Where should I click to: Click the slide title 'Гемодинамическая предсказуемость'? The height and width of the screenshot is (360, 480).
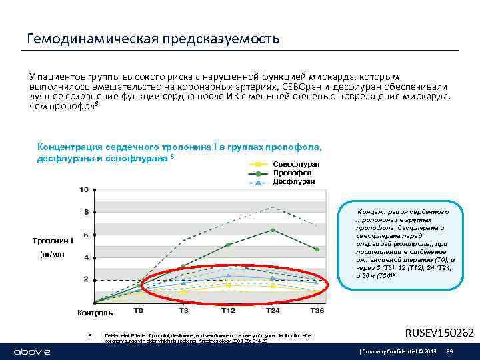pos(153,39)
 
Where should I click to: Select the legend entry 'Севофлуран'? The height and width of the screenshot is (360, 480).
pos(296,164)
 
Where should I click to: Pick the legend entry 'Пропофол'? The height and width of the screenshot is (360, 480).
pos(291,173)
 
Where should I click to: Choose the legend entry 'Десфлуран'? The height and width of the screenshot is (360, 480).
pos(293,181)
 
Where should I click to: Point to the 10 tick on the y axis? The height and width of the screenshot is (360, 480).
pos(84,190)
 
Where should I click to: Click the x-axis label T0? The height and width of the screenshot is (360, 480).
pos(139,310)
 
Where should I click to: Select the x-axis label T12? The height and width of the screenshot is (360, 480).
pos(229,310)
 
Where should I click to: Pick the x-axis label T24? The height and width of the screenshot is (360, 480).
pos(273,310)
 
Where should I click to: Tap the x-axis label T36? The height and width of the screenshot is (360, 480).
pos(317,310)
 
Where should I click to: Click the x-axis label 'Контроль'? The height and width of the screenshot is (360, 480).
pos(95,313)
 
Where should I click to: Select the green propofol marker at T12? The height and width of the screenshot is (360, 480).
pos(229,245)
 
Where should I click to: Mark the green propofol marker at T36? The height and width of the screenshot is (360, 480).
pos(317,249)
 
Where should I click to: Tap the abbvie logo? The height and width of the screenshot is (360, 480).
pos(24,351)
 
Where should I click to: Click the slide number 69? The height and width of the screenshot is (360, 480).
pos(449,351)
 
